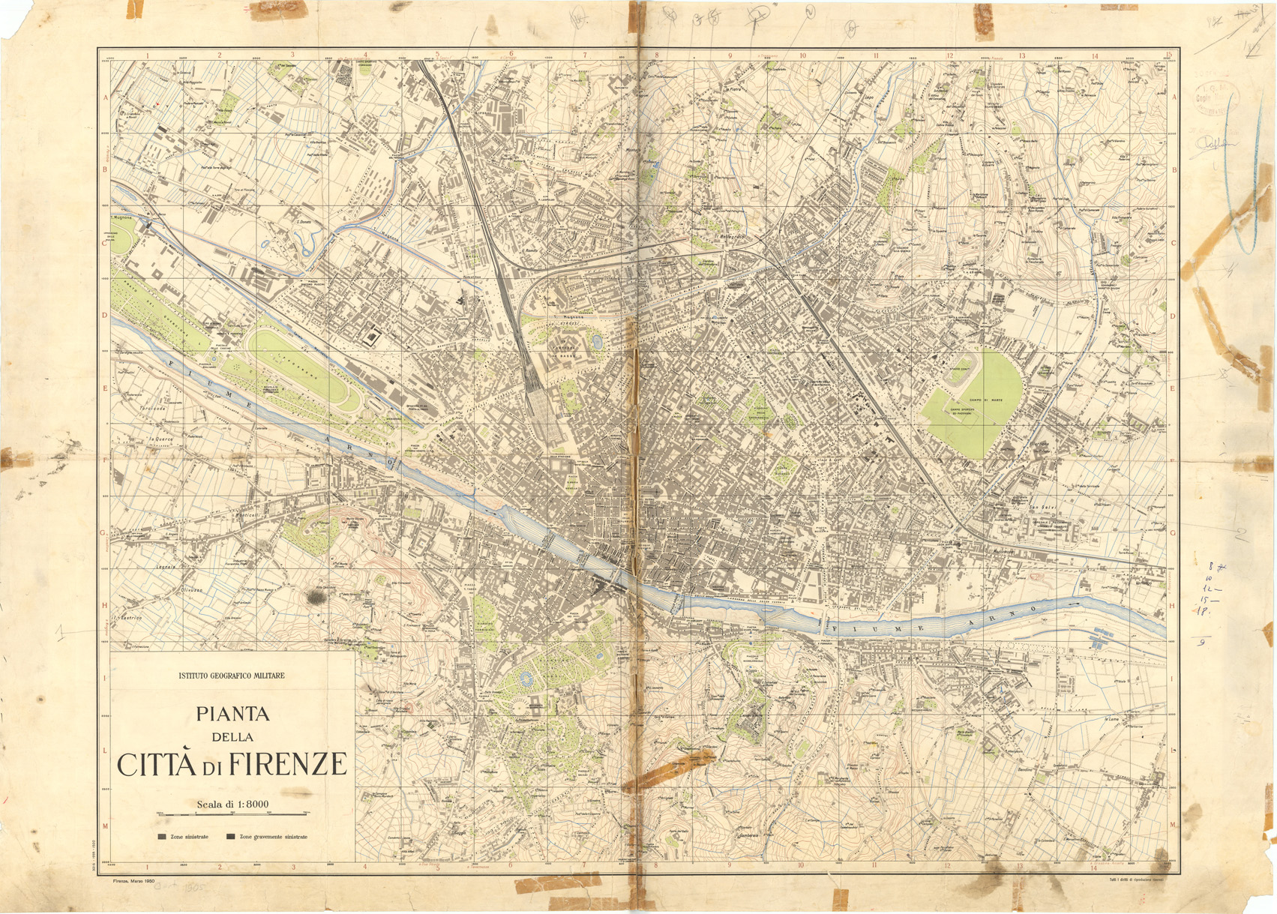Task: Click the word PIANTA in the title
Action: [232, 715]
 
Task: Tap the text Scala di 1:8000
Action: [232, 805]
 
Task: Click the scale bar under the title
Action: [232, 814]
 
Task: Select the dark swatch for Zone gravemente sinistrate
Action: [231, 837]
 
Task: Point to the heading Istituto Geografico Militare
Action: [231, 676]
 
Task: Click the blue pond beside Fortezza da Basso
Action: [597, 343]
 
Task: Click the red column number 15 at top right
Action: [1168, 55]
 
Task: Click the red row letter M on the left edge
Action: [105, 826]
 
